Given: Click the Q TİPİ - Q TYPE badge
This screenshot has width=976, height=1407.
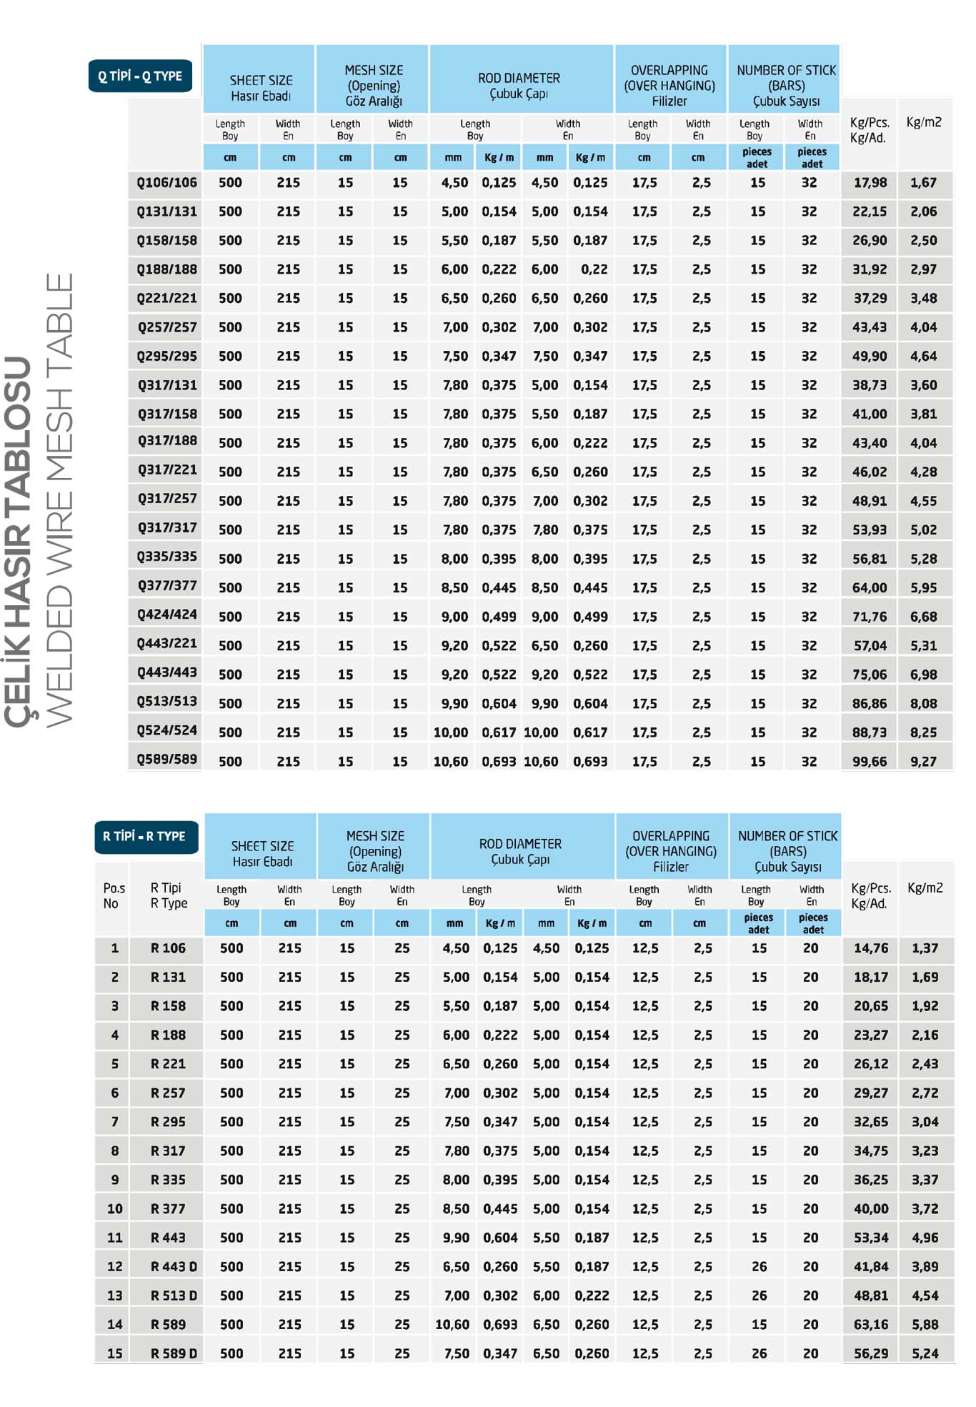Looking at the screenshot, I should (x=140, y=76).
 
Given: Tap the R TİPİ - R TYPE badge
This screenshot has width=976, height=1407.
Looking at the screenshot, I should (x=145, y=836).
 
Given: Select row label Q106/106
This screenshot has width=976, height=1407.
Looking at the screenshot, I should (x=166, y=183).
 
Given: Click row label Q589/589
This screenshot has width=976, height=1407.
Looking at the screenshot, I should (x=166, y=760).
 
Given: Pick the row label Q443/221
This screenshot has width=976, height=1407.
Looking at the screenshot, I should (x=166, y=644).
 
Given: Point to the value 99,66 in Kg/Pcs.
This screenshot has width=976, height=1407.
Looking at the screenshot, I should (x=869, y=762).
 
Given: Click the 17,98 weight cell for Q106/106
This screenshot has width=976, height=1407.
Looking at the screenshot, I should (x=870, y=183).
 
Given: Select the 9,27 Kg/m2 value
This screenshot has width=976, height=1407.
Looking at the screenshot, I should (x=923, y=762).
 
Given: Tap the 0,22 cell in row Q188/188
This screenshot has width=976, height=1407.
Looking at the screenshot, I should (x=594, y=269).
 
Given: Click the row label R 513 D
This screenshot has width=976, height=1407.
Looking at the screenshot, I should (x=174, y=1296).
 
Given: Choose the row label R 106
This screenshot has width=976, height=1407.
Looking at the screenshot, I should (x=168, y=948).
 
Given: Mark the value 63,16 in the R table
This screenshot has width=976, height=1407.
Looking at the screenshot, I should (x=871, y=1324).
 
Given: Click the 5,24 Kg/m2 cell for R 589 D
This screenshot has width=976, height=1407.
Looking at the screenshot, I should (x=925, y=1353).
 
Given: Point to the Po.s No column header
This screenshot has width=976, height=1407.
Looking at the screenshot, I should (x=113, y=895).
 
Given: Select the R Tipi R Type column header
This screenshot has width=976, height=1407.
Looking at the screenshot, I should (x=168, y=895).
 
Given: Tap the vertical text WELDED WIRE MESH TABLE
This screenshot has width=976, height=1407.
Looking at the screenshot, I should (x=60, y=500).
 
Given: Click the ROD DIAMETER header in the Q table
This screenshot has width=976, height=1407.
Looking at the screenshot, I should (x=519, y=86).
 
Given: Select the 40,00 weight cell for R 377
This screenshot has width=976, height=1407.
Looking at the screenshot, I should (x=871, y=1209).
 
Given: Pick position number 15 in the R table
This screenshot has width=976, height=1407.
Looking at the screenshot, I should (x=114, y=1353).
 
